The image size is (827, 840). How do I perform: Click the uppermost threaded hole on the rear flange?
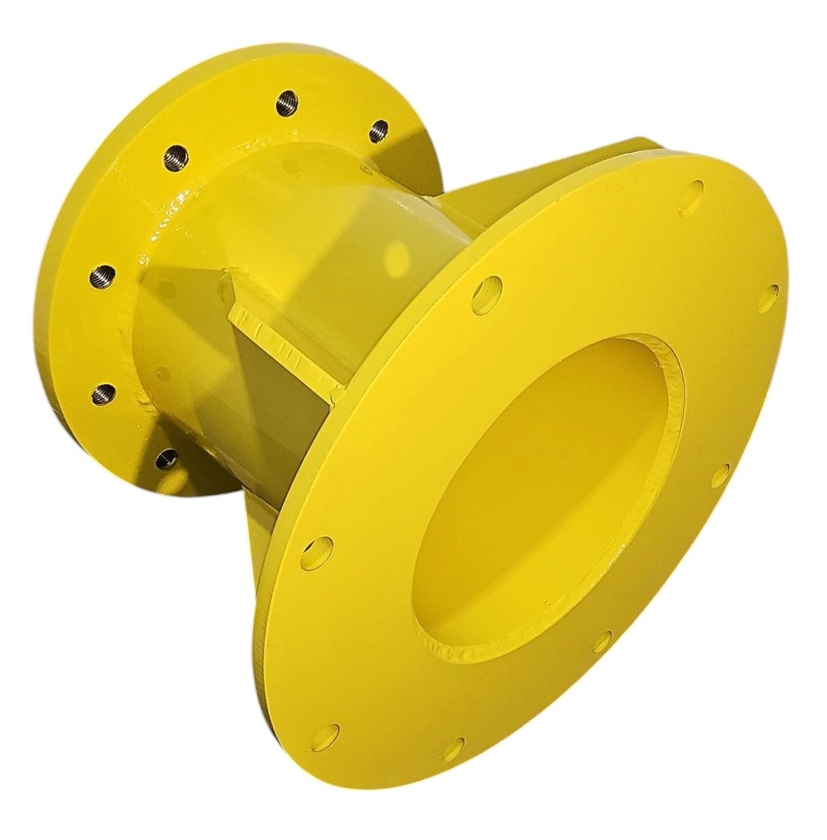coord(287,103)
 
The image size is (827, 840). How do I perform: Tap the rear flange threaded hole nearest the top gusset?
coord(379,131)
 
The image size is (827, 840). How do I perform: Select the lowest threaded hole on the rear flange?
coord(166,458)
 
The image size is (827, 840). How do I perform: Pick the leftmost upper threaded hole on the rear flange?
coord(176,156)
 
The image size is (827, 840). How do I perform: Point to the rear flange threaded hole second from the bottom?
coord(103,393)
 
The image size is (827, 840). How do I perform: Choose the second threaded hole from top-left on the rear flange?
coord(102,274)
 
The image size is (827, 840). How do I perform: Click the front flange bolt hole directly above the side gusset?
coord(487,294)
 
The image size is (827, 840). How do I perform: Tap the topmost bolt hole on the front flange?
coord(691,198)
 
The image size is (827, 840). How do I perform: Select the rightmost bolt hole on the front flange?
coord(768,298)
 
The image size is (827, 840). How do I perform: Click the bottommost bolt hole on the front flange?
coord(453,749)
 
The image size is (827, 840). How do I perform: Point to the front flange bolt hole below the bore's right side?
coord(602,641)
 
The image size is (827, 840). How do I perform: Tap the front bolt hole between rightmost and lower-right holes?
coord(720,475)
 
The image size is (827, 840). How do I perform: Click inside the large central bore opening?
coord(541,499)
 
